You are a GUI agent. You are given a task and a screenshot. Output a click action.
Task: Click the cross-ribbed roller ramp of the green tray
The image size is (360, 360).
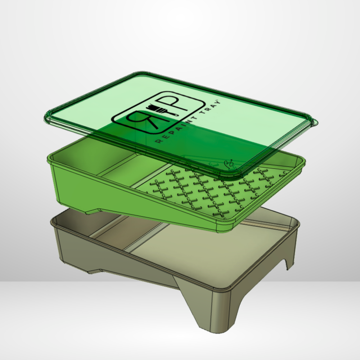[x=212, y=191]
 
